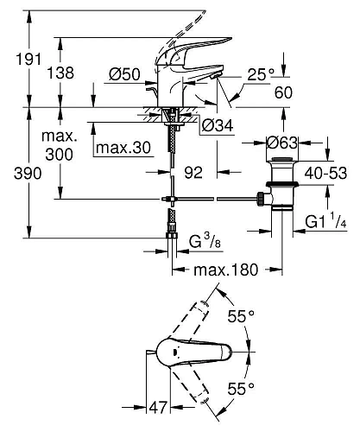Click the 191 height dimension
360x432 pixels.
[x=28, y=59]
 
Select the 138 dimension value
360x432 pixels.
[x=60, y=73]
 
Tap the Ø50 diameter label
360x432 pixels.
[x=124, y=74]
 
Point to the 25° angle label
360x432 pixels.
[x=261, y=74]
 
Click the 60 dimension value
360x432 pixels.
[x=283, y=92]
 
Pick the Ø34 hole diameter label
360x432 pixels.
[x=218, y=125]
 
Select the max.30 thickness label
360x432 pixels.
[x=123, y=148]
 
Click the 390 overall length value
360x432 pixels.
[x=28, y=174]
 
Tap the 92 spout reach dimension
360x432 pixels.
[x=193, y=173]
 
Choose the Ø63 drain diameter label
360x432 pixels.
[x=282, y=143]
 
